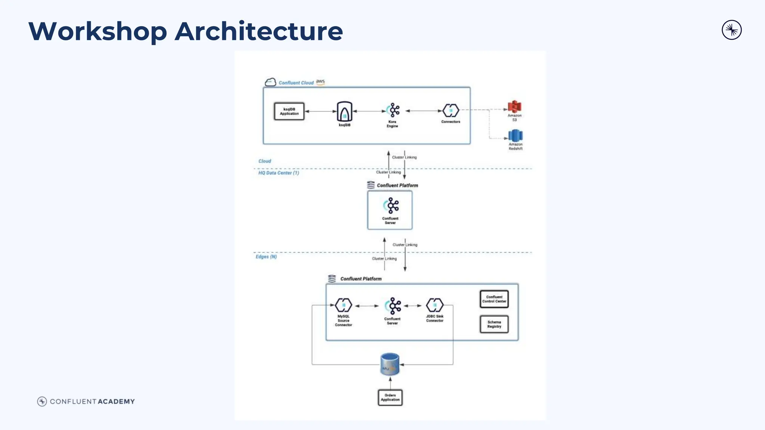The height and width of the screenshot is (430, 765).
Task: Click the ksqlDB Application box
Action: point(289,111)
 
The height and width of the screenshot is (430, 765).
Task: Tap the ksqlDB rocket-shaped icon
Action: point(344,111)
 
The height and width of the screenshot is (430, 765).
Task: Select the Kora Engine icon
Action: point(393,110)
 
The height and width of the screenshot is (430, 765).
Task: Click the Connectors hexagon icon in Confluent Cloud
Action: point(450,111)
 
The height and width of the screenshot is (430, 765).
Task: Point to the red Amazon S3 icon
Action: point(514,107)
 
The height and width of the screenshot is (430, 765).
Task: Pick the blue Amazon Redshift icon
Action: point(515,135)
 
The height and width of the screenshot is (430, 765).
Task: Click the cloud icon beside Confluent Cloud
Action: point(270,82)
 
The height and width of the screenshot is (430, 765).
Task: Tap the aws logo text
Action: point(320,81)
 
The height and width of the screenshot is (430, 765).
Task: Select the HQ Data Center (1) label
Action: point(278,173)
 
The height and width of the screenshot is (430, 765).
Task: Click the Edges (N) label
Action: point(266,257)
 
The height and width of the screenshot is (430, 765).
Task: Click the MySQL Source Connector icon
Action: point(343,305)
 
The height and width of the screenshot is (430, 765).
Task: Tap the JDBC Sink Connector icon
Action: point(434,305)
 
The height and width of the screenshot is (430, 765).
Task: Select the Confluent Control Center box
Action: point(494,299)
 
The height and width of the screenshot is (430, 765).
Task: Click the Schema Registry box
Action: point(494,324)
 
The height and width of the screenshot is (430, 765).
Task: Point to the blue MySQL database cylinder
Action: point(390,364)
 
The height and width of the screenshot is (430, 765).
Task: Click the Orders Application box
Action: point(390,397)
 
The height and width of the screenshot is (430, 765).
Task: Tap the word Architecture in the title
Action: point(258,31)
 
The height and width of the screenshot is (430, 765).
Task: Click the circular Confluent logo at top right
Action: point(731,30)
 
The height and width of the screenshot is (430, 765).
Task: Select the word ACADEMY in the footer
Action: point(116,402)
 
